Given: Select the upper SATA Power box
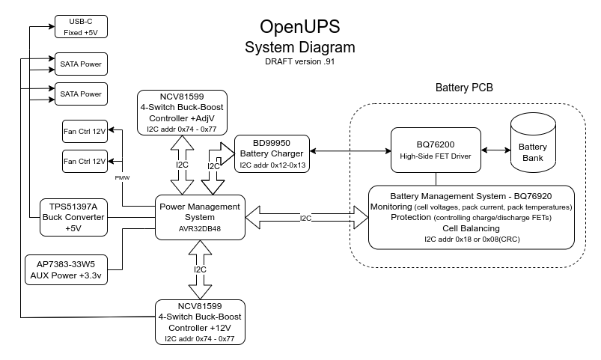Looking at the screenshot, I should pos(80,64).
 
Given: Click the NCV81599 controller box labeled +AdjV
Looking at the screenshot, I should pos(182,112).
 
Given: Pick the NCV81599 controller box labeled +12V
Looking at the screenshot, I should pos(200,322).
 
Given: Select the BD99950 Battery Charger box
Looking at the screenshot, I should pos(271,153).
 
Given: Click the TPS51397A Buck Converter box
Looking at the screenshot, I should pos(73,217).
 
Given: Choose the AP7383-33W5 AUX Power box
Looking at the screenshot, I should pos(65,269).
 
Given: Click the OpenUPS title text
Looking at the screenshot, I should pos(299,28).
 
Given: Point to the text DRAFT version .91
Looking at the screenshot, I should pos(299,62).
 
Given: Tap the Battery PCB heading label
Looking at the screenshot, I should pos(464,88).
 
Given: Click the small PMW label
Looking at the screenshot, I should pos(122,177).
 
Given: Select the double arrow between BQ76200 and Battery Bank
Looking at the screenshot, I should pos(495,150).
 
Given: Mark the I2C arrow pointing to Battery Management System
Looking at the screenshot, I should pos(307,218).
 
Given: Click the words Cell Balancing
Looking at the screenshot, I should pos(471,228).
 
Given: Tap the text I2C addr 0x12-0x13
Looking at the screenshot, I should pos(271,164).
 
